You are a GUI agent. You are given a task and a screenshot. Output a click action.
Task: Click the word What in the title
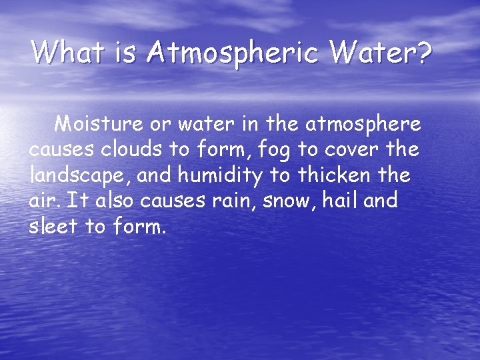click(x=65, y=51)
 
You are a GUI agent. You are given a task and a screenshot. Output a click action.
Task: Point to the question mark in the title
click(x=423, y=51)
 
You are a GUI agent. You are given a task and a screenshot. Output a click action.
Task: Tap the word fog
click(x=281, y=151)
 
